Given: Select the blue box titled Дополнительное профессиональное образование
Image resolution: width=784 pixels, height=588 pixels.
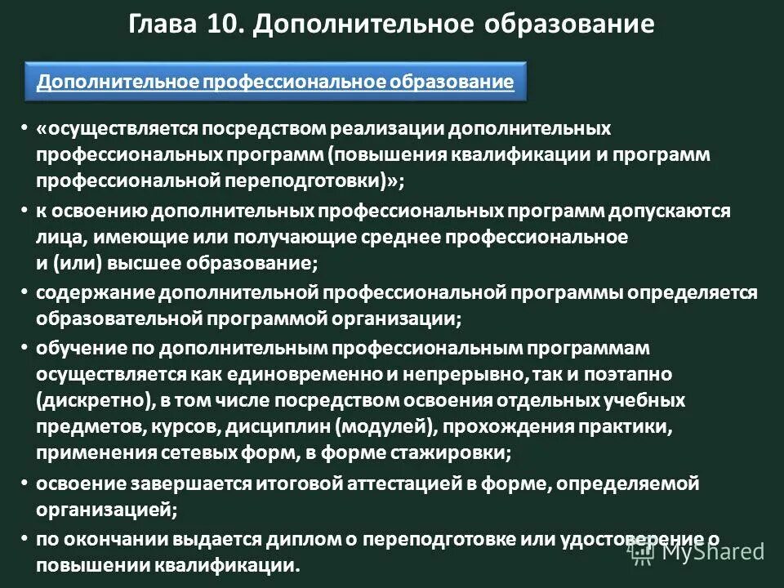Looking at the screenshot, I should point(276,81).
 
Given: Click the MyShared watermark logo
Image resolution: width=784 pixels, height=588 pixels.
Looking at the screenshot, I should point(697,552).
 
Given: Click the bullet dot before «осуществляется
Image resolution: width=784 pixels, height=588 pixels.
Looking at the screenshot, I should point(24,129).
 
